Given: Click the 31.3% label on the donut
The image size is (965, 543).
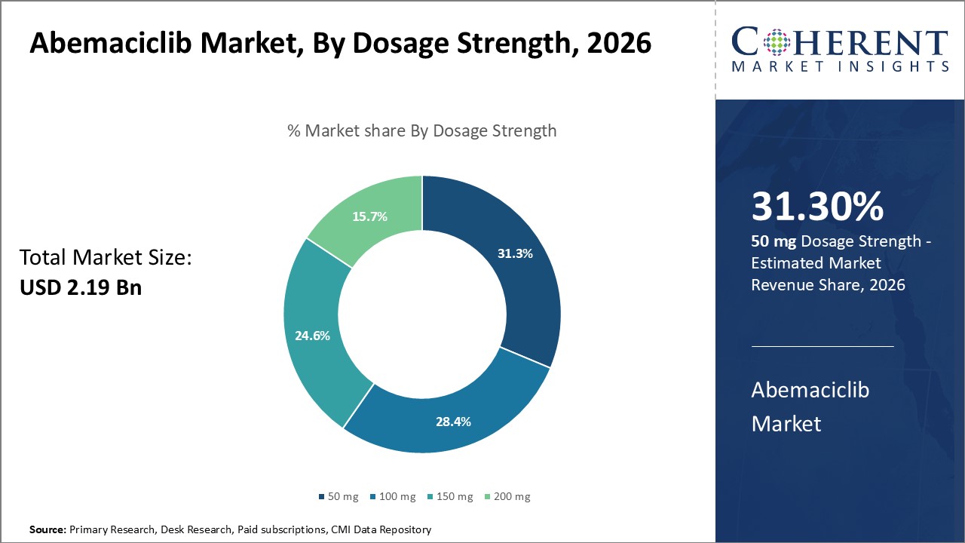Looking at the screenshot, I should [x=515, y=253].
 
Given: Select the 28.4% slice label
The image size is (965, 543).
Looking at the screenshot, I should [x=453, y=421].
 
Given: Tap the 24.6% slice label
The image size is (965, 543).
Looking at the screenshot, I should [x=312, y=336].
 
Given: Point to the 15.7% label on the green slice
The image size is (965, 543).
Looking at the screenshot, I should [x=369, y=216].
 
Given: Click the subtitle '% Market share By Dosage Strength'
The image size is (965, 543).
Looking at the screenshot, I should [x=422, y=130].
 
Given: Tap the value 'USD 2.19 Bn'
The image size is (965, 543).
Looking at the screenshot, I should [x=81, y=287].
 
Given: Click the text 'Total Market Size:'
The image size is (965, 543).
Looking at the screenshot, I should [x=106, y=258].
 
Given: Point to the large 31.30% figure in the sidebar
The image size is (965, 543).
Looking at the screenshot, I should [x=817, y=207].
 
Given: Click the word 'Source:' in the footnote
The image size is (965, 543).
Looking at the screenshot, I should [x=47, y=530].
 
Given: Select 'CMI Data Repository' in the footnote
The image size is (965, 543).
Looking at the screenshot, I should [x=381, y=530].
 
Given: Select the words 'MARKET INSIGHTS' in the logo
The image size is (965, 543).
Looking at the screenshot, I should [x=839, y=66].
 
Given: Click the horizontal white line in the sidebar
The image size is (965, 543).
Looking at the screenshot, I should [x=823, y=346].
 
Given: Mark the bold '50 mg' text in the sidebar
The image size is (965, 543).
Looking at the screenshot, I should [x=773, y=241].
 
